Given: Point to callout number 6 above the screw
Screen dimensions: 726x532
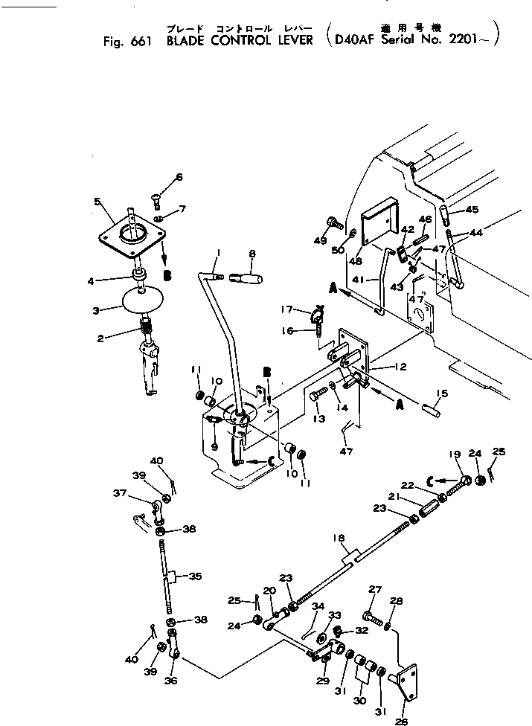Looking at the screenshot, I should (179, 177).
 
